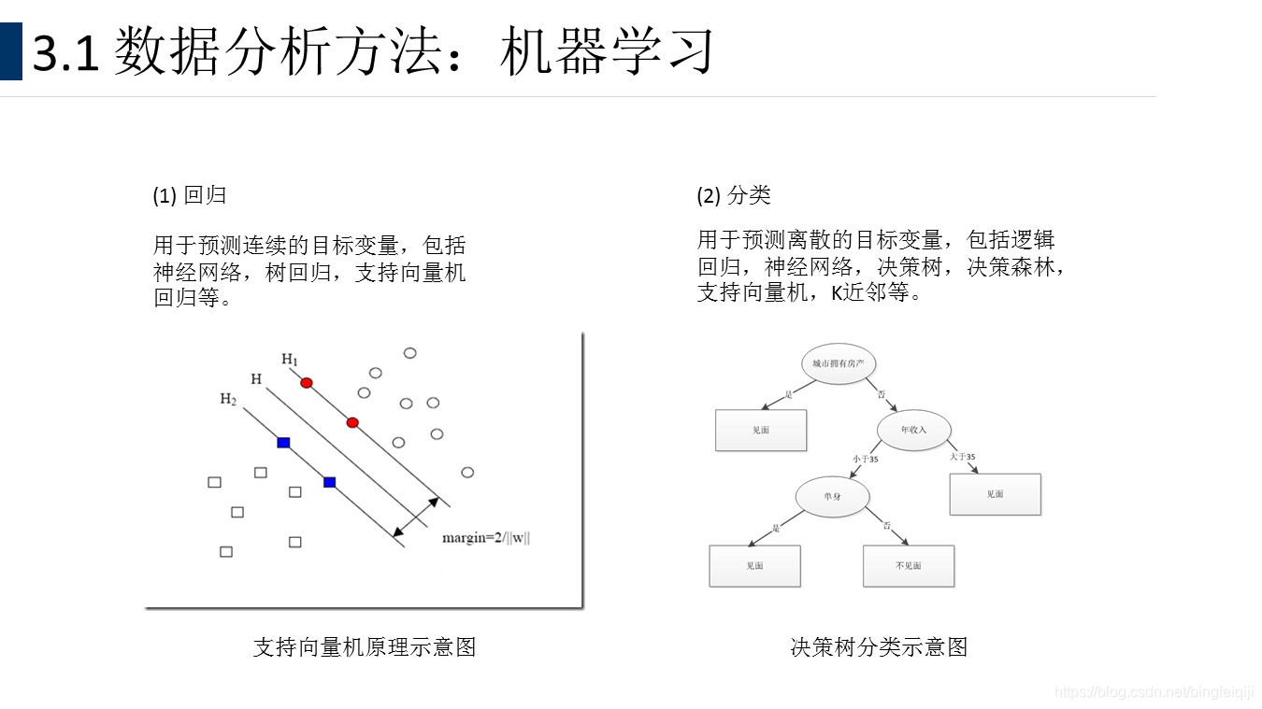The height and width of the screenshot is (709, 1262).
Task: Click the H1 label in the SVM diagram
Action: (290, 360)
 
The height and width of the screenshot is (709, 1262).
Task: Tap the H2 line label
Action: (228, 399)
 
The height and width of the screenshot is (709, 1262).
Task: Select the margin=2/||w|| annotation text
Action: (486, 538)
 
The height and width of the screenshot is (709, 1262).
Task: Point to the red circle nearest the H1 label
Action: (307, 383)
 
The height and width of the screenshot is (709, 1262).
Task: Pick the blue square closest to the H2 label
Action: (283, 442)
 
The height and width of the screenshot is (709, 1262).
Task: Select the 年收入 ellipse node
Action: (913, 430)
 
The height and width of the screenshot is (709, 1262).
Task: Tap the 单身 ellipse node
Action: (832, 496)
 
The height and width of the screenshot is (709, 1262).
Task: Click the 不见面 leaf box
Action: (909, 566)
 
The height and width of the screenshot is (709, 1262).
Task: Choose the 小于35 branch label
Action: (865, 459)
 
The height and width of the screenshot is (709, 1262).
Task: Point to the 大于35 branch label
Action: (962, 457)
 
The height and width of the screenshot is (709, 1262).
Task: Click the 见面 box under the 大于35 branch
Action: (995, 494)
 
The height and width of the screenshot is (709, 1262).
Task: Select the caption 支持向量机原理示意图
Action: (365, 646)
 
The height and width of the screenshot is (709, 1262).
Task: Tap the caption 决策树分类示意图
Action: (879, 646)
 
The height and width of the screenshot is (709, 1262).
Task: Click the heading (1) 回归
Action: (190, 195)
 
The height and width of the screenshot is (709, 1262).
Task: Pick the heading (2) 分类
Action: (734, 195)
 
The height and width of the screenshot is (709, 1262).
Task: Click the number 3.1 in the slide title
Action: (65, 53)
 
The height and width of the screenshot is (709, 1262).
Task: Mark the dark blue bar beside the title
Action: (10, 51)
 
